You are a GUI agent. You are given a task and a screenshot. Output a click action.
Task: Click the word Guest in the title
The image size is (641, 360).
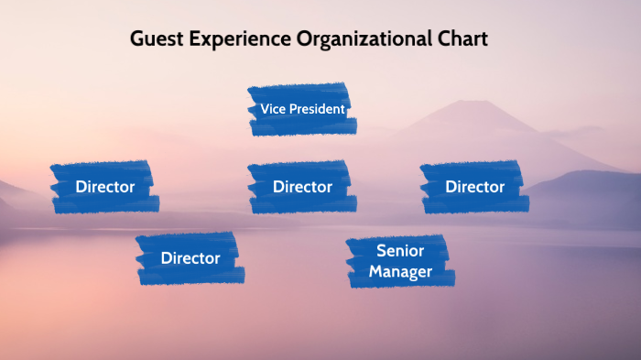153,39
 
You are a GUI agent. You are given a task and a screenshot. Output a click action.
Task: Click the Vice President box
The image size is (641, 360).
301,109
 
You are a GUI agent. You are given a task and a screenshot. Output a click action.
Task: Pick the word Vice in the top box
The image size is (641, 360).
272,109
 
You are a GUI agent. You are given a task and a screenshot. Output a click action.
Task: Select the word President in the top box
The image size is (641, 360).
317,109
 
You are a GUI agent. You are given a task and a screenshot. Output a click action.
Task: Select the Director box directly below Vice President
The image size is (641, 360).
301,187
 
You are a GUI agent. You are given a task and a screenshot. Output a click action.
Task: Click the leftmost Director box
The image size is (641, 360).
104,187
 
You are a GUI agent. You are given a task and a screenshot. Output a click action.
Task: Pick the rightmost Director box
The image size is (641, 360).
474,187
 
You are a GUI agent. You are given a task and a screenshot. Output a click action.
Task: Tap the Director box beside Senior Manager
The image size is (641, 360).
190,258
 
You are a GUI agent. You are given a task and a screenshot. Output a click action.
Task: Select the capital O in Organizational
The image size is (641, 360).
306,39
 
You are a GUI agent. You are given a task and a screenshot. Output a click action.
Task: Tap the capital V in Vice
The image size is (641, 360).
265,109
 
